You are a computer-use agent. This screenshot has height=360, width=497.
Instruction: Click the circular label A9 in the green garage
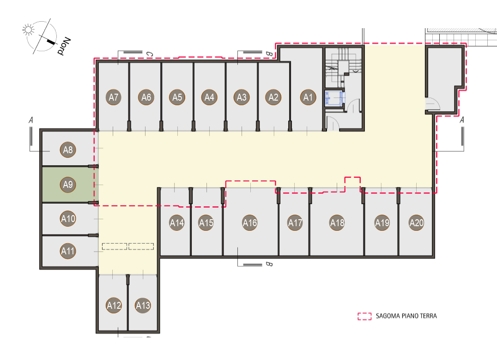(x=68, y=184)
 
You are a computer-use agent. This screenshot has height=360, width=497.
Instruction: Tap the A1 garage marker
(x=308, y=97)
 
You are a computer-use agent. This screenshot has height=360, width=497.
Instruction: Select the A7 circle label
(x=114, y=97)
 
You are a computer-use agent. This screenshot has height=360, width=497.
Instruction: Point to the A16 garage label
(x=250, y=222)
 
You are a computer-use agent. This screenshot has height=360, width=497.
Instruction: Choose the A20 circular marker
(x=417, y=222)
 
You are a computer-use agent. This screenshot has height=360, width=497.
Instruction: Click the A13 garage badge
(x=143, y=305)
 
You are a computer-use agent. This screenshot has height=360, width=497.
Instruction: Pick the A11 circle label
(x=68, y=251)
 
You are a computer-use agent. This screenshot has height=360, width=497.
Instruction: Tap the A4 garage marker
(x=209, y=97)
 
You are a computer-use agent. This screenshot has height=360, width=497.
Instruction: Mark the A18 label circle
(x=337, y=222)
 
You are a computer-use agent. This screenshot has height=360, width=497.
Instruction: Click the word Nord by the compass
(x=64, y=46)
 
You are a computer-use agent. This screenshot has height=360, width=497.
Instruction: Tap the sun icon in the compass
(x=29, y=30)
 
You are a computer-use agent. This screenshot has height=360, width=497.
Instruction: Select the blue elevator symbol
(x=333, y=98)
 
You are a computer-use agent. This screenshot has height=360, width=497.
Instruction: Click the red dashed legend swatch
(x=364, y=316)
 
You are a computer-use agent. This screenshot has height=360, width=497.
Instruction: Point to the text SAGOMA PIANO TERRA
(x=406, y=316)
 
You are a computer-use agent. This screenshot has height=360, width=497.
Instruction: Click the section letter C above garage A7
(x=149, y=54)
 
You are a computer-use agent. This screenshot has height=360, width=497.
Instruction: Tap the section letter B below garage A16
(x=269, y=264)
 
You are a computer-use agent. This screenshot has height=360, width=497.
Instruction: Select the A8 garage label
(x=68, y=150)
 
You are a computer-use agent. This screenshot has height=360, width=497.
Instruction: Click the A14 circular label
(x=177, y=222)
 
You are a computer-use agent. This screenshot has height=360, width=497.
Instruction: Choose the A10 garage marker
(x=68, y=218)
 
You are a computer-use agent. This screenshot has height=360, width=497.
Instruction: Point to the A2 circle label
(x=273, y=97)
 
